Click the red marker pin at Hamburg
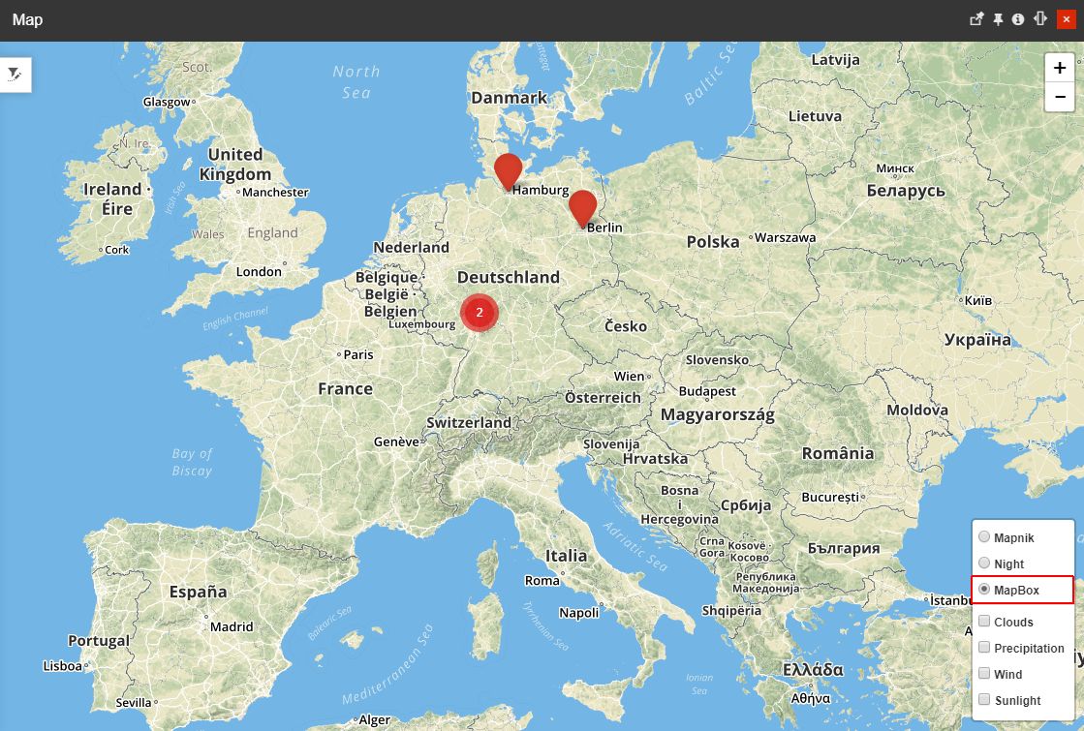508,169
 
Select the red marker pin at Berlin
582,206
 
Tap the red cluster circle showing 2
479,312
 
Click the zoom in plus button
1060,68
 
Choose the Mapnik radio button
984,537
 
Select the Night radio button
984,563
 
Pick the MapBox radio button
984,590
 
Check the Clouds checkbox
984,622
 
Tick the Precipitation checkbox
984,648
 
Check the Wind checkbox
984,674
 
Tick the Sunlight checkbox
984,700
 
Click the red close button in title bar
1067,19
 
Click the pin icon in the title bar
999,19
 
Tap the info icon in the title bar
1018,19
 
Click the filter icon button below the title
15,75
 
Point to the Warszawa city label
785,237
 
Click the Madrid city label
232,626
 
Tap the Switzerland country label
469,423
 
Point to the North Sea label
356,81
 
